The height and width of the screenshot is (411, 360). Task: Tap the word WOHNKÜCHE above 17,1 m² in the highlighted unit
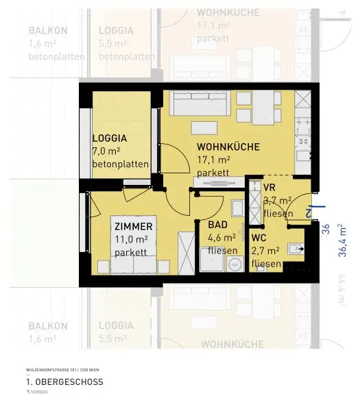pos(228,147)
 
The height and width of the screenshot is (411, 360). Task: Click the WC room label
pos(259,238)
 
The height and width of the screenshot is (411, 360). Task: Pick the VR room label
pos(269,187)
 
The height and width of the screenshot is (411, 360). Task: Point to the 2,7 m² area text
pos(266,251)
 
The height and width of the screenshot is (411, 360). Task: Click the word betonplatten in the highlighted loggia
pos(121,164)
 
